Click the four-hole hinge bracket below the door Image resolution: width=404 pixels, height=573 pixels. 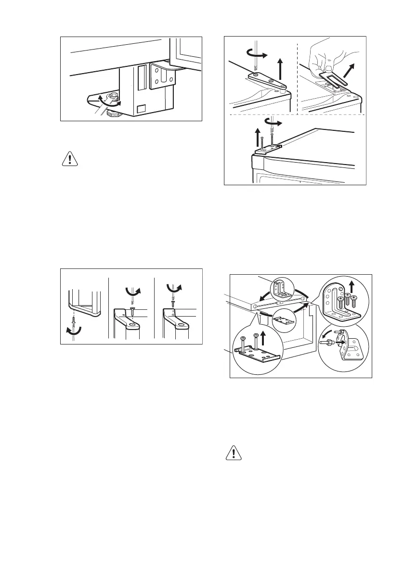coord(161,76)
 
